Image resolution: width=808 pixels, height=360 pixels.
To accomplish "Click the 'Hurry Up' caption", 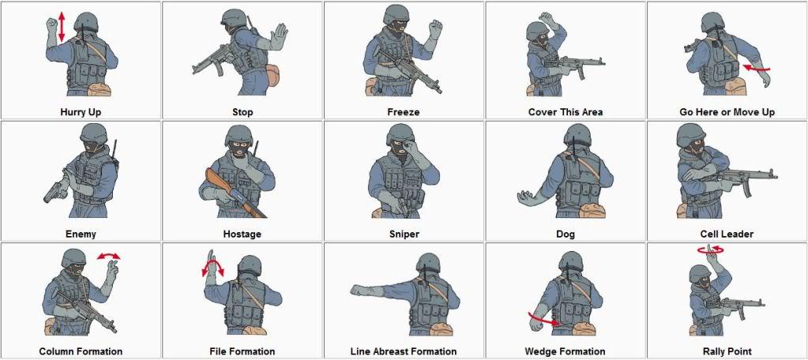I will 81,112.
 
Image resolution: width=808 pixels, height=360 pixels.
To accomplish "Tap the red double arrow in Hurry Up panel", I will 61,28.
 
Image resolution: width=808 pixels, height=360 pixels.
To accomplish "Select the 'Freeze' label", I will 404,112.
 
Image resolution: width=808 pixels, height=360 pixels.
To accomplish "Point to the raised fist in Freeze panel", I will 434,29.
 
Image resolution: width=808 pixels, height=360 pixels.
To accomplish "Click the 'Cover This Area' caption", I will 566,112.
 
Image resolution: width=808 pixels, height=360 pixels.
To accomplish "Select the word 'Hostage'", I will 242,234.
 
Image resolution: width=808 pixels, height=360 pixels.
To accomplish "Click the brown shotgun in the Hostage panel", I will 235,193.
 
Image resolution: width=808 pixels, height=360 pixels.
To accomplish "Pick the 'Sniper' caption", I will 404,234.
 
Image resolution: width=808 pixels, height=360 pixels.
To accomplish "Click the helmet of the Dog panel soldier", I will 578,135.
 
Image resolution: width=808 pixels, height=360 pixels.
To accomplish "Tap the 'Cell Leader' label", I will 727,234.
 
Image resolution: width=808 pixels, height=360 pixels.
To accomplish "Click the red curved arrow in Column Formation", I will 108,256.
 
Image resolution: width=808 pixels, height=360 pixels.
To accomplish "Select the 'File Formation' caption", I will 242,351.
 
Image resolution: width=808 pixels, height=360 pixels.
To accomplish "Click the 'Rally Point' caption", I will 727,351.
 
